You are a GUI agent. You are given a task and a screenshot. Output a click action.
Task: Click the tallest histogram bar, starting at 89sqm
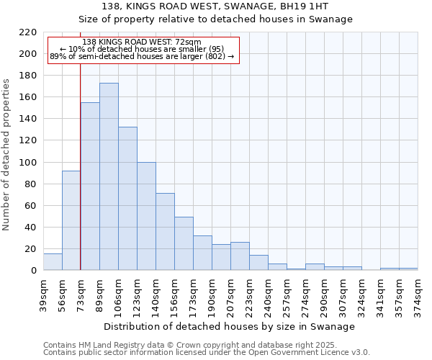[x=109, y=176]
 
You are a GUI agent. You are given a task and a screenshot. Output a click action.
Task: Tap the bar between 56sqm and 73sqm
[x=71, y=220]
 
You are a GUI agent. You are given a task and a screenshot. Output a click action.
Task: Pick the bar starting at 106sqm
[x=127, y=199]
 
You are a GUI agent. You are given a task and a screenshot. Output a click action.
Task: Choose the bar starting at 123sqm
[x=146, y=216]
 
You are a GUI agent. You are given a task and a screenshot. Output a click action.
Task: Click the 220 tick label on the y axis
[x=28, y=32]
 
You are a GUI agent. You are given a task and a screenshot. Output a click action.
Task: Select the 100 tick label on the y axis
[x=28, y=163]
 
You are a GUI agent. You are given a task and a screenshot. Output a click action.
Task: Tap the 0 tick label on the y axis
[x=33, y=271]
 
